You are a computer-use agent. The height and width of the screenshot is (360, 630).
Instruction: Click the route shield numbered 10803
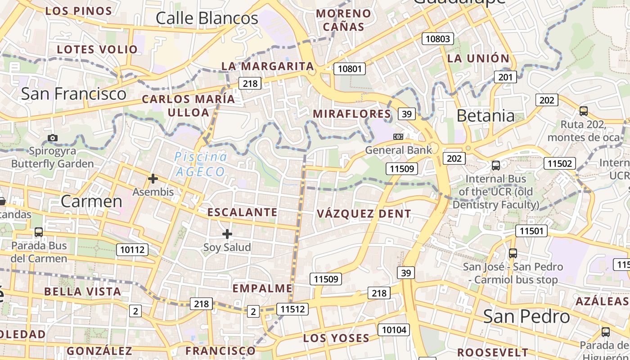click(x=438, y=39)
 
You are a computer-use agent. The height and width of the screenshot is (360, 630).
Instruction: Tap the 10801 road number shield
click(x=350, y=69)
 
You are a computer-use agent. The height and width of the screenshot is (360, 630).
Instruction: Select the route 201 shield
click(x=505, y=77)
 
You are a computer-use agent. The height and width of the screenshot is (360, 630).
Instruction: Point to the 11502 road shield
click(x=559, y=163)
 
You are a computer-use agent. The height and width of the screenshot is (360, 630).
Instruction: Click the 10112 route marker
click(x=132, y=249)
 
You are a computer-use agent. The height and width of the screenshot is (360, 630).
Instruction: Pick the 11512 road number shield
click(x=292, y=309)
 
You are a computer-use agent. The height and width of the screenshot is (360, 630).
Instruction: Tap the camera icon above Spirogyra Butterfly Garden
click(x=53, y=138)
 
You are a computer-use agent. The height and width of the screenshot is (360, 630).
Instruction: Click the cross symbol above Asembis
click(x=153, y=179)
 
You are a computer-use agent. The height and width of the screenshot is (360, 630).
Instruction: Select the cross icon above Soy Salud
click(x=227, y=234)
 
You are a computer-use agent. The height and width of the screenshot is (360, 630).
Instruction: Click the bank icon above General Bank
click(x=398, y=136)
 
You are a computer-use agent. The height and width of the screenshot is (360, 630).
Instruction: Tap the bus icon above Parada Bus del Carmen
click(x=39, y=232)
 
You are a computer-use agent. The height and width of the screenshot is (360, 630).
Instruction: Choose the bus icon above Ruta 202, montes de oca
click(x=584, y=111)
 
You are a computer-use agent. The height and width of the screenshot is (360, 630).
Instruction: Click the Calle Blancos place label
click(x=207, y=18)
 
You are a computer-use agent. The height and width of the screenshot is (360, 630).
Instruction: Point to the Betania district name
click(x=486, y=116)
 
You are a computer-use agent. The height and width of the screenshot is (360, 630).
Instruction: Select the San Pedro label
click(x=526, y=316)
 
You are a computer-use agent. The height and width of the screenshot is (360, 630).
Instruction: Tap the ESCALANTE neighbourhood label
click(x=242, y=212)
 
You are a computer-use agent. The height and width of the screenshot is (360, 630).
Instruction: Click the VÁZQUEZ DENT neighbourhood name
click(x=364, y=214)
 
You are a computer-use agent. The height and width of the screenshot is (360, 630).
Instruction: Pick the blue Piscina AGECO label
click(x=201, y=164)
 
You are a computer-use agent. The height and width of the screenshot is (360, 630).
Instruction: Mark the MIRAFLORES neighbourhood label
click(x=352, y=113)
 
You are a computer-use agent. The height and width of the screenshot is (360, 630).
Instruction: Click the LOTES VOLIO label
click(x=97, y=49)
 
